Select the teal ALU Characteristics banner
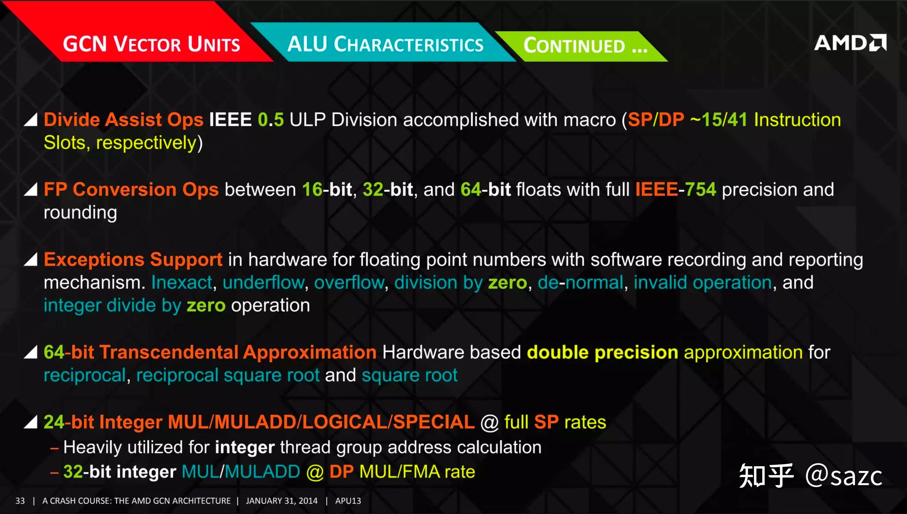tap(385, 44)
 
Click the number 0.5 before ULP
tap(271, 120)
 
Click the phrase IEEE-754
tap(675, 190)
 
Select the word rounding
tap(80, 213)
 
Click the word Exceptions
tap(94, 259)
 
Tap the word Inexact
tap(182, 282)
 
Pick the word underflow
tap(263, 282)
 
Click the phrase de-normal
tap(580, 282)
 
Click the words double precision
tap(602, 352)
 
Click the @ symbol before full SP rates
tap(489, 422)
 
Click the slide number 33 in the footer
tap(20, 501)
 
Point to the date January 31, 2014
tap(282, 501)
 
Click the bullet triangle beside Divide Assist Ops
tap(31, 120)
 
